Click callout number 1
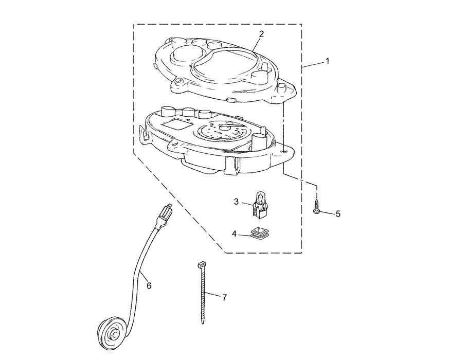pos(327,61)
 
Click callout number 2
pos(261,34)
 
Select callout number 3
pos(236,202)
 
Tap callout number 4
pos(235,233)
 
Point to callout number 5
pos(338,213)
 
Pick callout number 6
pos(149,285)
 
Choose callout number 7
pos(224,297)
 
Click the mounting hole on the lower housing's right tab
pos(284,152)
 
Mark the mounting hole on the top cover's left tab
pos(179,81)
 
